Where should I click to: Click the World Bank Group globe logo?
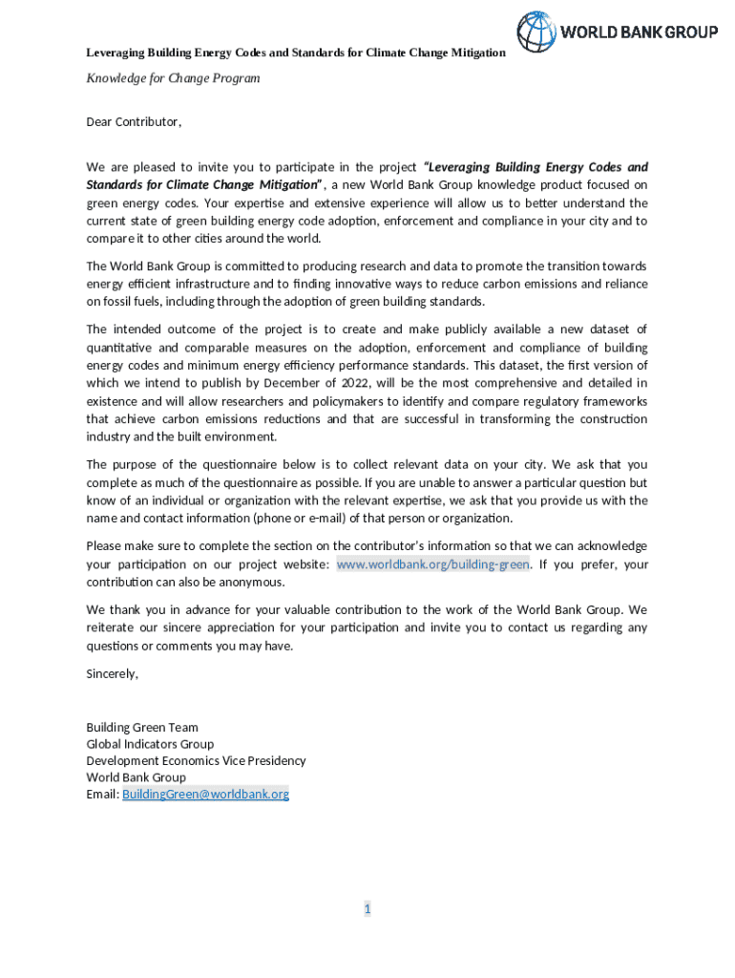click(535, 32)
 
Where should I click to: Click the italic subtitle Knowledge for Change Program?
click(173, 78)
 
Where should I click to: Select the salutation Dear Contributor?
click(134, 122)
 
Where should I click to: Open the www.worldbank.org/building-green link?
click(432, 564)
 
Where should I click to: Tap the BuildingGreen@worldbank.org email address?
click(205, 794)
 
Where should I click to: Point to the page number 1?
click(367, 909)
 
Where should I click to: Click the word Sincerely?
click(112, 673)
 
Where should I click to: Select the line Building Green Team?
click(142, 728)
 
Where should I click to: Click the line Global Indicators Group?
click(150, 744)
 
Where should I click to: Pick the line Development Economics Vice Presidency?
click(196, 761)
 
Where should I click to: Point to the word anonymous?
click(252, 582)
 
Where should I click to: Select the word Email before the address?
click(102, 794)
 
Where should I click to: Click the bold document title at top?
click(296, 53)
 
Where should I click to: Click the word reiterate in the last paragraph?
click(112, 627)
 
